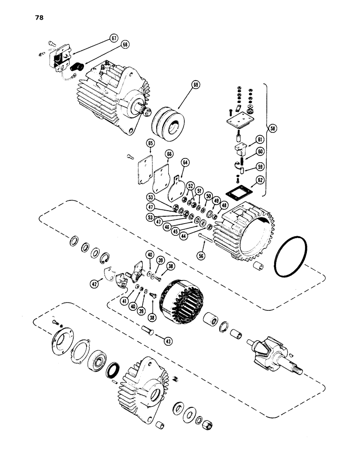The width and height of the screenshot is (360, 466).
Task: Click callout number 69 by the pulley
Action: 195,85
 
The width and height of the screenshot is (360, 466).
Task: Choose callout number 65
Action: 151,143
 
